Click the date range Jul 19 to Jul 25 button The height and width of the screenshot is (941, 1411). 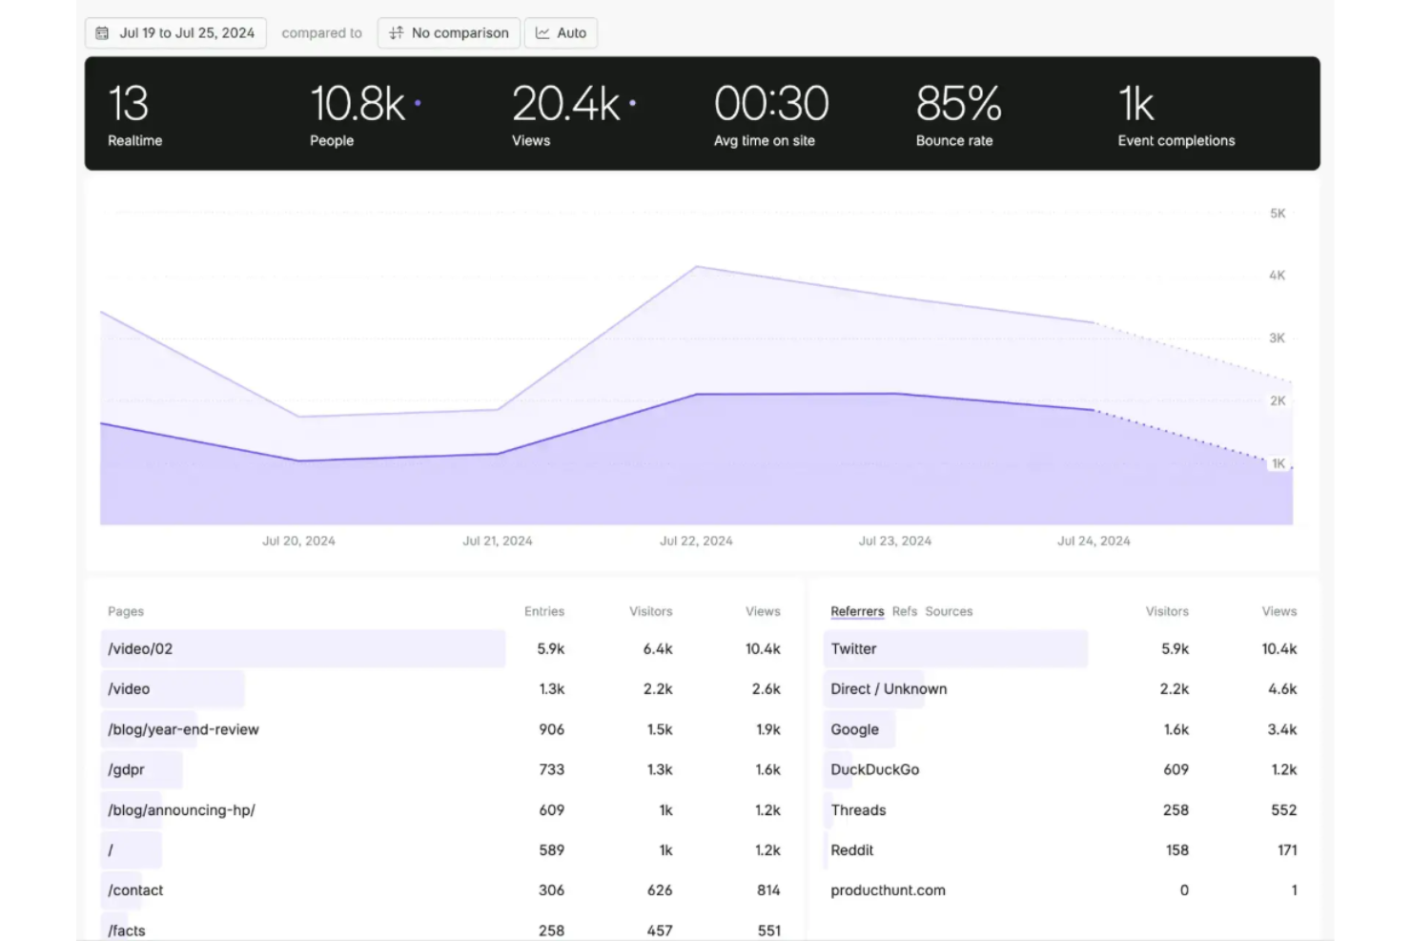[176, 33]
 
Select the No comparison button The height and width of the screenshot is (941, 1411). [449, 33]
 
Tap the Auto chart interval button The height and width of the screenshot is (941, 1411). [561, 33]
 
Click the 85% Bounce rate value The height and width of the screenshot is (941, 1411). [958, 104]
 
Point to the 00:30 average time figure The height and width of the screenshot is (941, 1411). [770, 104]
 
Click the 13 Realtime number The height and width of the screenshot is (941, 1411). [128, 104]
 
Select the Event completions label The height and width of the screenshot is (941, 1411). [1176, 141]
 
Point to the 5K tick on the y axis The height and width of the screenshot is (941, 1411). [1278, 214]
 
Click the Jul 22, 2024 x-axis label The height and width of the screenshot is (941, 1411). [696, 541]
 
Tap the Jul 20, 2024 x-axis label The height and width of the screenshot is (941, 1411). [298, 541]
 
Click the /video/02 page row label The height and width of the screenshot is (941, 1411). [140, 649]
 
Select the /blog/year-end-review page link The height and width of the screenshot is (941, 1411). [183, 729]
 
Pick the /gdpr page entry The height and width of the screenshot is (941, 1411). [126, 769]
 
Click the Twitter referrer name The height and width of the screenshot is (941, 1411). [853, 649]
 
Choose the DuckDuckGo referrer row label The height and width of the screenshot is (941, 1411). [874, 769]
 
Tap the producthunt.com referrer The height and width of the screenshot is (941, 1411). [888, 890]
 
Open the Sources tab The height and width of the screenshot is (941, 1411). [949, 611]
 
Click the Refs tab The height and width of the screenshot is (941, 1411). [905, 611]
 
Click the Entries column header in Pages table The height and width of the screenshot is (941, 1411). [544, 611]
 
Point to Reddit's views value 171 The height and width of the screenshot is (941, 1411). [1287, 850]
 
